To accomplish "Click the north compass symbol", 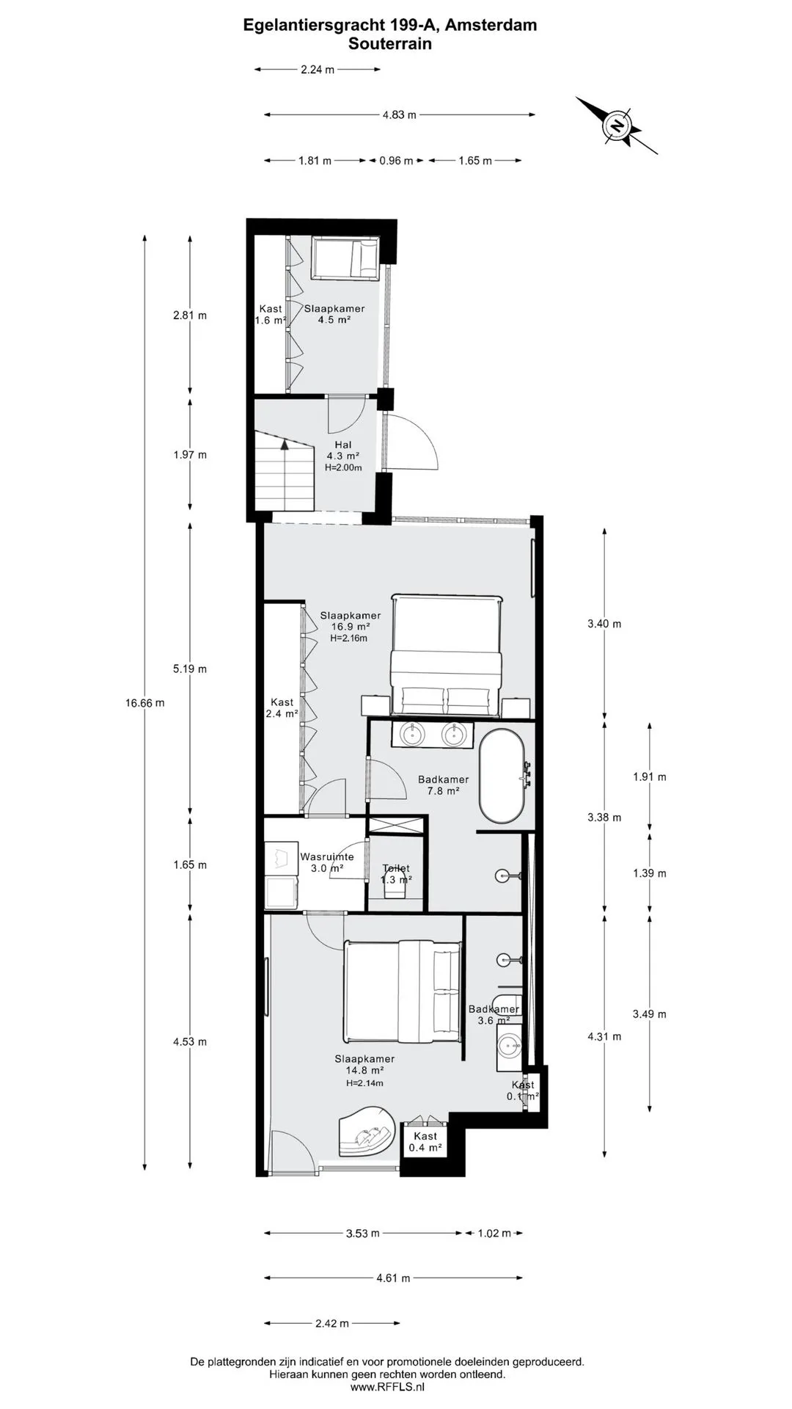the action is click(617, 125).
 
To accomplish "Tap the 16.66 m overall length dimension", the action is click(144, 702).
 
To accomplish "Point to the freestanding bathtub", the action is click(502, 776).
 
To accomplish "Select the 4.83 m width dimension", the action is click(400, 114).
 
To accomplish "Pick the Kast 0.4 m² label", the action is click(425, 1142).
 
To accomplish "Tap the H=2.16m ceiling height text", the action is click(348, 638).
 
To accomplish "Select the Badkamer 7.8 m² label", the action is click(443, 785).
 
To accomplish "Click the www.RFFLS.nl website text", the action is click(387, 1387).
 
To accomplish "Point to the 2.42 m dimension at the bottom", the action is click(332, 1323).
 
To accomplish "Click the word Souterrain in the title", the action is click(390, 44).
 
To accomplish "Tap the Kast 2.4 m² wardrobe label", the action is click(282, 707).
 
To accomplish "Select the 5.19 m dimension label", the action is click(190, 669).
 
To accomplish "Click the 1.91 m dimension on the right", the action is click(650, 776).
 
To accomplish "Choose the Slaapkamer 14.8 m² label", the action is click(364, 1064).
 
